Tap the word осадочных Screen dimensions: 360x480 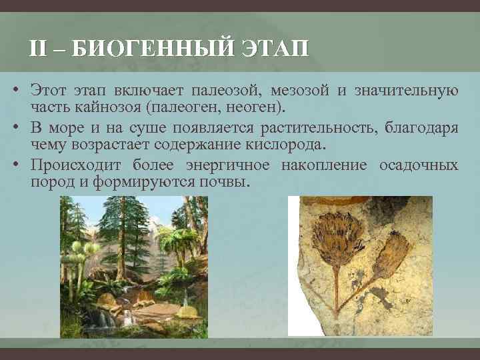click(x=419, y=165)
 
